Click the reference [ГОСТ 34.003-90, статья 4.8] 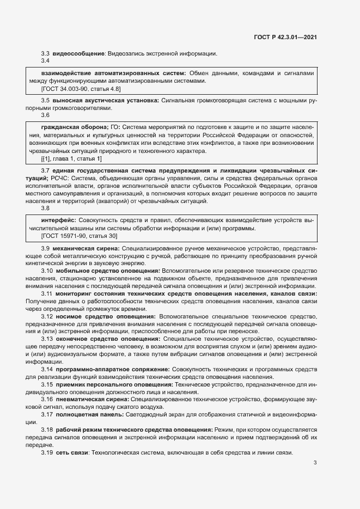[x=81, y=88]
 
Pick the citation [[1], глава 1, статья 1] [x=71, y=158]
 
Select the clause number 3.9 [x=46, y=249]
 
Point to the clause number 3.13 [x=47, y=339]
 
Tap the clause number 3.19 [x=47, y=453]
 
